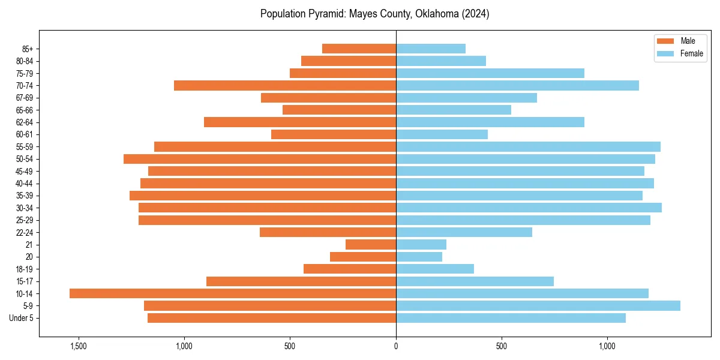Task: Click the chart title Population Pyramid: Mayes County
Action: pyautogui.click(x=374, y=14)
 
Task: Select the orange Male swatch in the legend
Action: pyautogui.click(x=665, y=41)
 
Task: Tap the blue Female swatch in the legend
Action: pyautogui.click(x=665, y=53)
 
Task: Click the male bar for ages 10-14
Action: pyautogui.click(x=233, y=293)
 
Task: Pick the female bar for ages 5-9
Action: pyautogui.click(x=538, y=305)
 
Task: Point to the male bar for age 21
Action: pyautogui.click(x=371, y=244)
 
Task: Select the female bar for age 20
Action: pyautogui.click(x=419, y=257)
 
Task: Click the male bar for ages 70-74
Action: pyautogui.click(x=285, y=85)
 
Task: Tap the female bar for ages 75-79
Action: pyautogui.click(x=490, y=73)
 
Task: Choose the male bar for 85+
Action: pyautogui.click(x=359, y=49)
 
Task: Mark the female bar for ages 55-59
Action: pyautogui.click(x=528, y=146)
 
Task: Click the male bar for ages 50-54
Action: pyautogui.click(x=260, y=159)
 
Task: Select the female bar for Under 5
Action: pyautogui.click(x=511, y=318)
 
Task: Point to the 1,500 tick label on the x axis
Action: pyautogui.click(x=79, y=346)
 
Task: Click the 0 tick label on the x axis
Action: pyautogui.click(x=396, y=346)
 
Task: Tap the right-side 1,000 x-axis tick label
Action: pyautogui.click(x=607, y=346)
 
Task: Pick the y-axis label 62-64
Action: pyautogui.click(x=25, y=122)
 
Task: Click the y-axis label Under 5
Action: pyautogui.click(x=22, y=318)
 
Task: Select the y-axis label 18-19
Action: pyautogui.click(x=25, y=269)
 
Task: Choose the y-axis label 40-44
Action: pyautogui.click(x=25, y=183)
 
